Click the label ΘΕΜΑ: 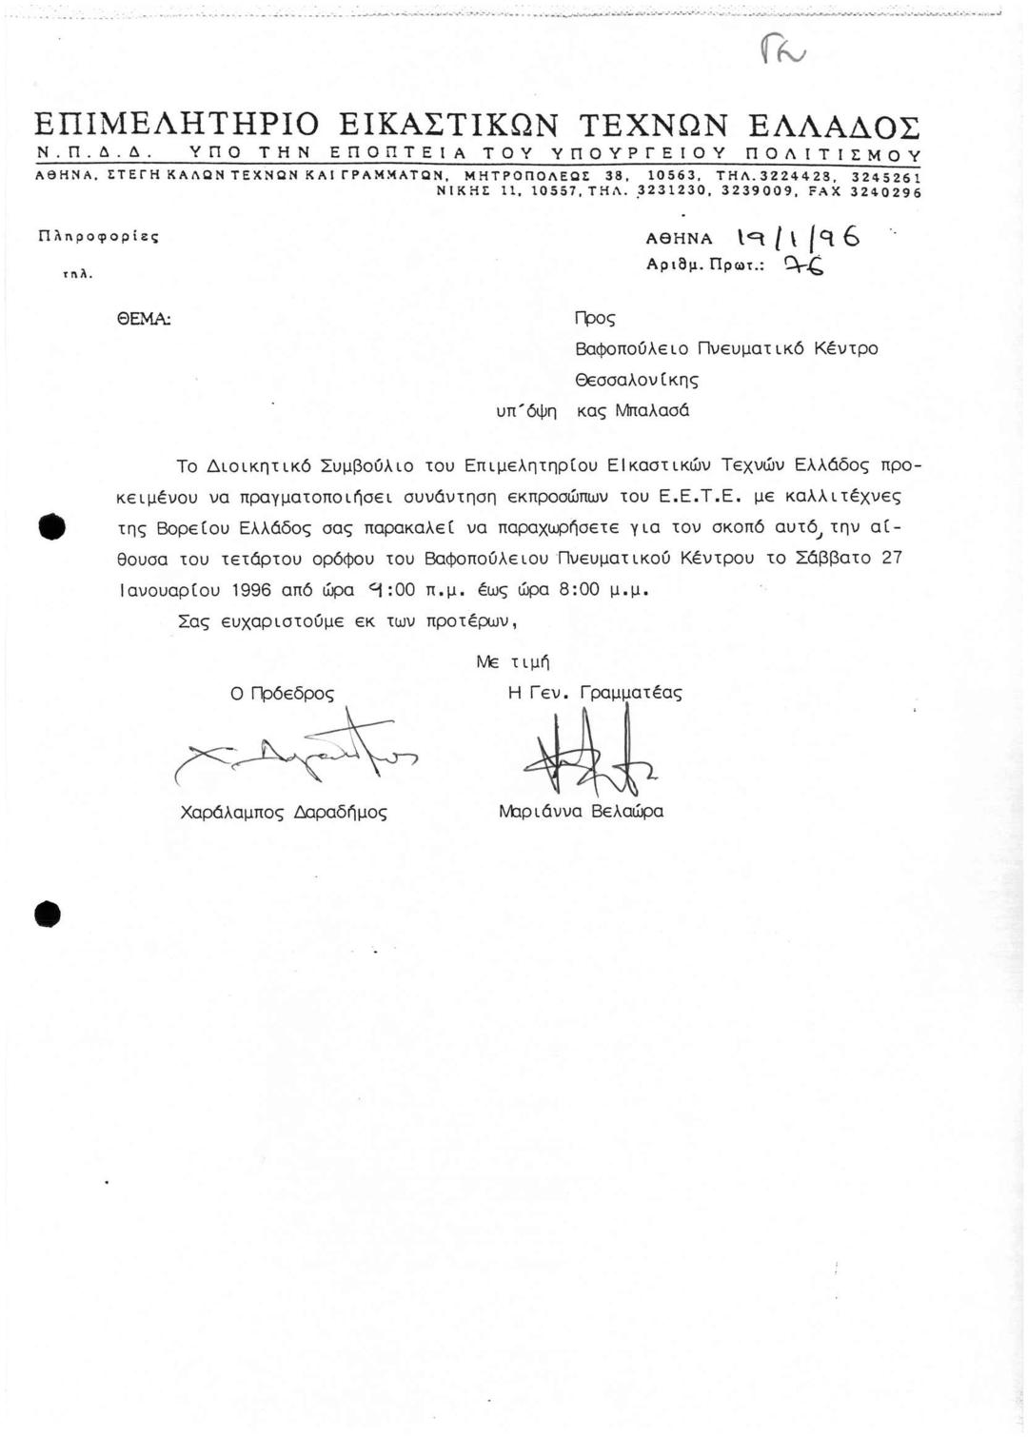pos(145,317)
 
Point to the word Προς pos(596,318)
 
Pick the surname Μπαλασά pos(652,411)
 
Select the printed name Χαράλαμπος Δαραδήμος pos(284,812)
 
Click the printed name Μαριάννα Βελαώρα pos(581,812)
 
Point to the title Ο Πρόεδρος pos(283,694)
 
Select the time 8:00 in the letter pos(580,590)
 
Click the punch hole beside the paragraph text pos(51,526)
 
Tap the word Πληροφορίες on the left pos(96,234)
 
